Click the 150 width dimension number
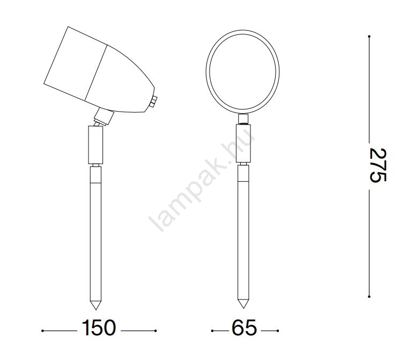[99, 328]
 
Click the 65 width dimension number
[244, 328]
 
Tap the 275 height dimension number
[378, 165]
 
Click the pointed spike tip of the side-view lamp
[95, 310]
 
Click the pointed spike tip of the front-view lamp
[243, 308]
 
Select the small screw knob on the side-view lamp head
[153, 101]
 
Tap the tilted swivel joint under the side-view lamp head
[103, 117]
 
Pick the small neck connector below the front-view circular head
[243, 119]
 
